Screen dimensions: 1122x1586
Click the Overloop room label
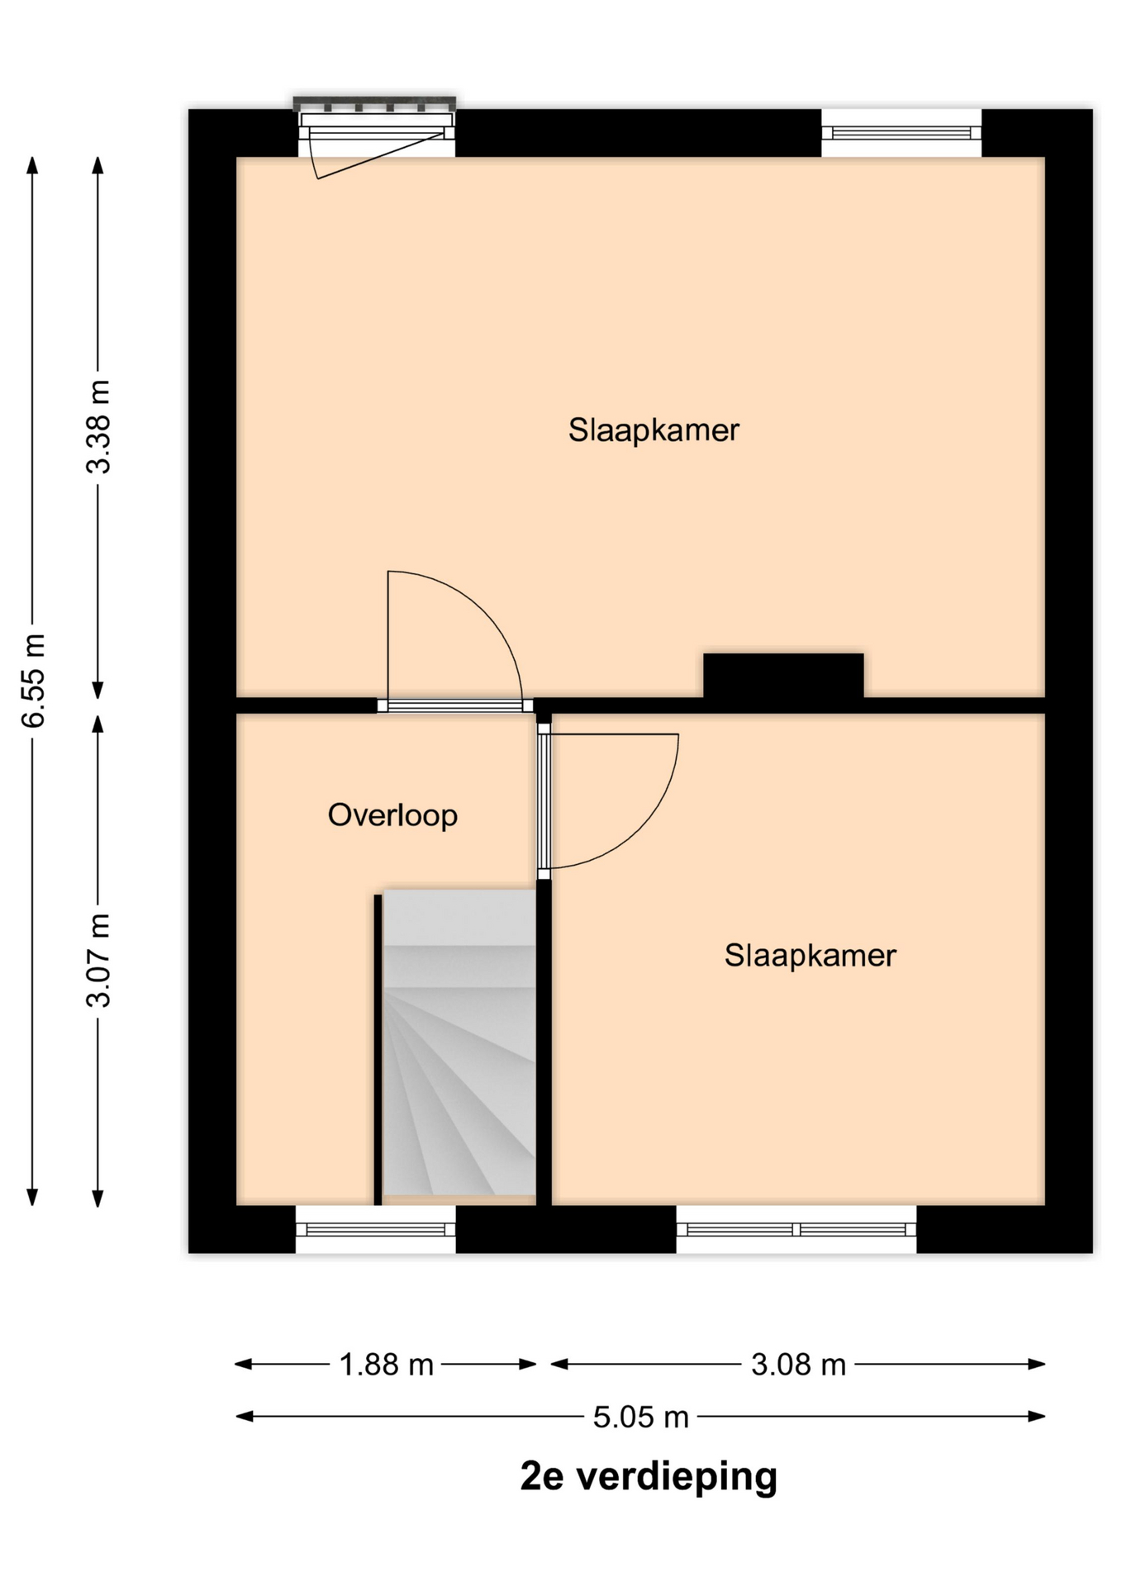point(392,815)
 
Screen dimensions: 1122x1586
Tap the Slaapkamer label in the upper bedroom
point(654,430)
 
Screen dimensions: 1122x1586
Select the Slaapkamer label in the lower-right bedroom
point(811,956)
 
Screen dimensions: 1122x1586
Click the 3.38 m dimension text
point(99,426)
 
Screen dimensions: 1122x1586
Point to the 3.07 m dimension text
point(99,961)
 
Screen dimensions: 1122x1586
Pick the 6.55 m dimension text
point(33,681)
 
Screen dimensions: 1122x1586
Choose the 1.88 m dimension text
point(387,1365)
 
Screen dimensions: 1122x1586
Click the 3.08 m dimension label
point(798,1365)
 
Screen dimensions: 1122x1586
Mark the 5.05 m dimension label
point(641,1417)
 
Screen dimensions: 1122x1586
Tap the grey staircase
point(459,1042)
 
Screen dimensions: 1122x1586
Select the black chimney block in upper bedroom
point(783,676)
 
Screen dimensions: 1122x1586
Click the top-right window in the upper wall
point(901,133)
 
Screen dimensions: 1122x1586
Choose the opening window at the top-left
point(377,135)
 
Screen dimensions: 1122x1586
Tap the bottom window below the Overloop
point(376,1229)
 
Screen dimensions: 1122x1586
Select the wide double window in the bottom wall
point(796,1229)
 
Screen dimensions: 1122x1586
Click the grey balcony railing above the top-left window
point(374,103)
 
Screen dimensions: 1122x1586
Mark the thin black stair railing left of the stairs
point(378,1049)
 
